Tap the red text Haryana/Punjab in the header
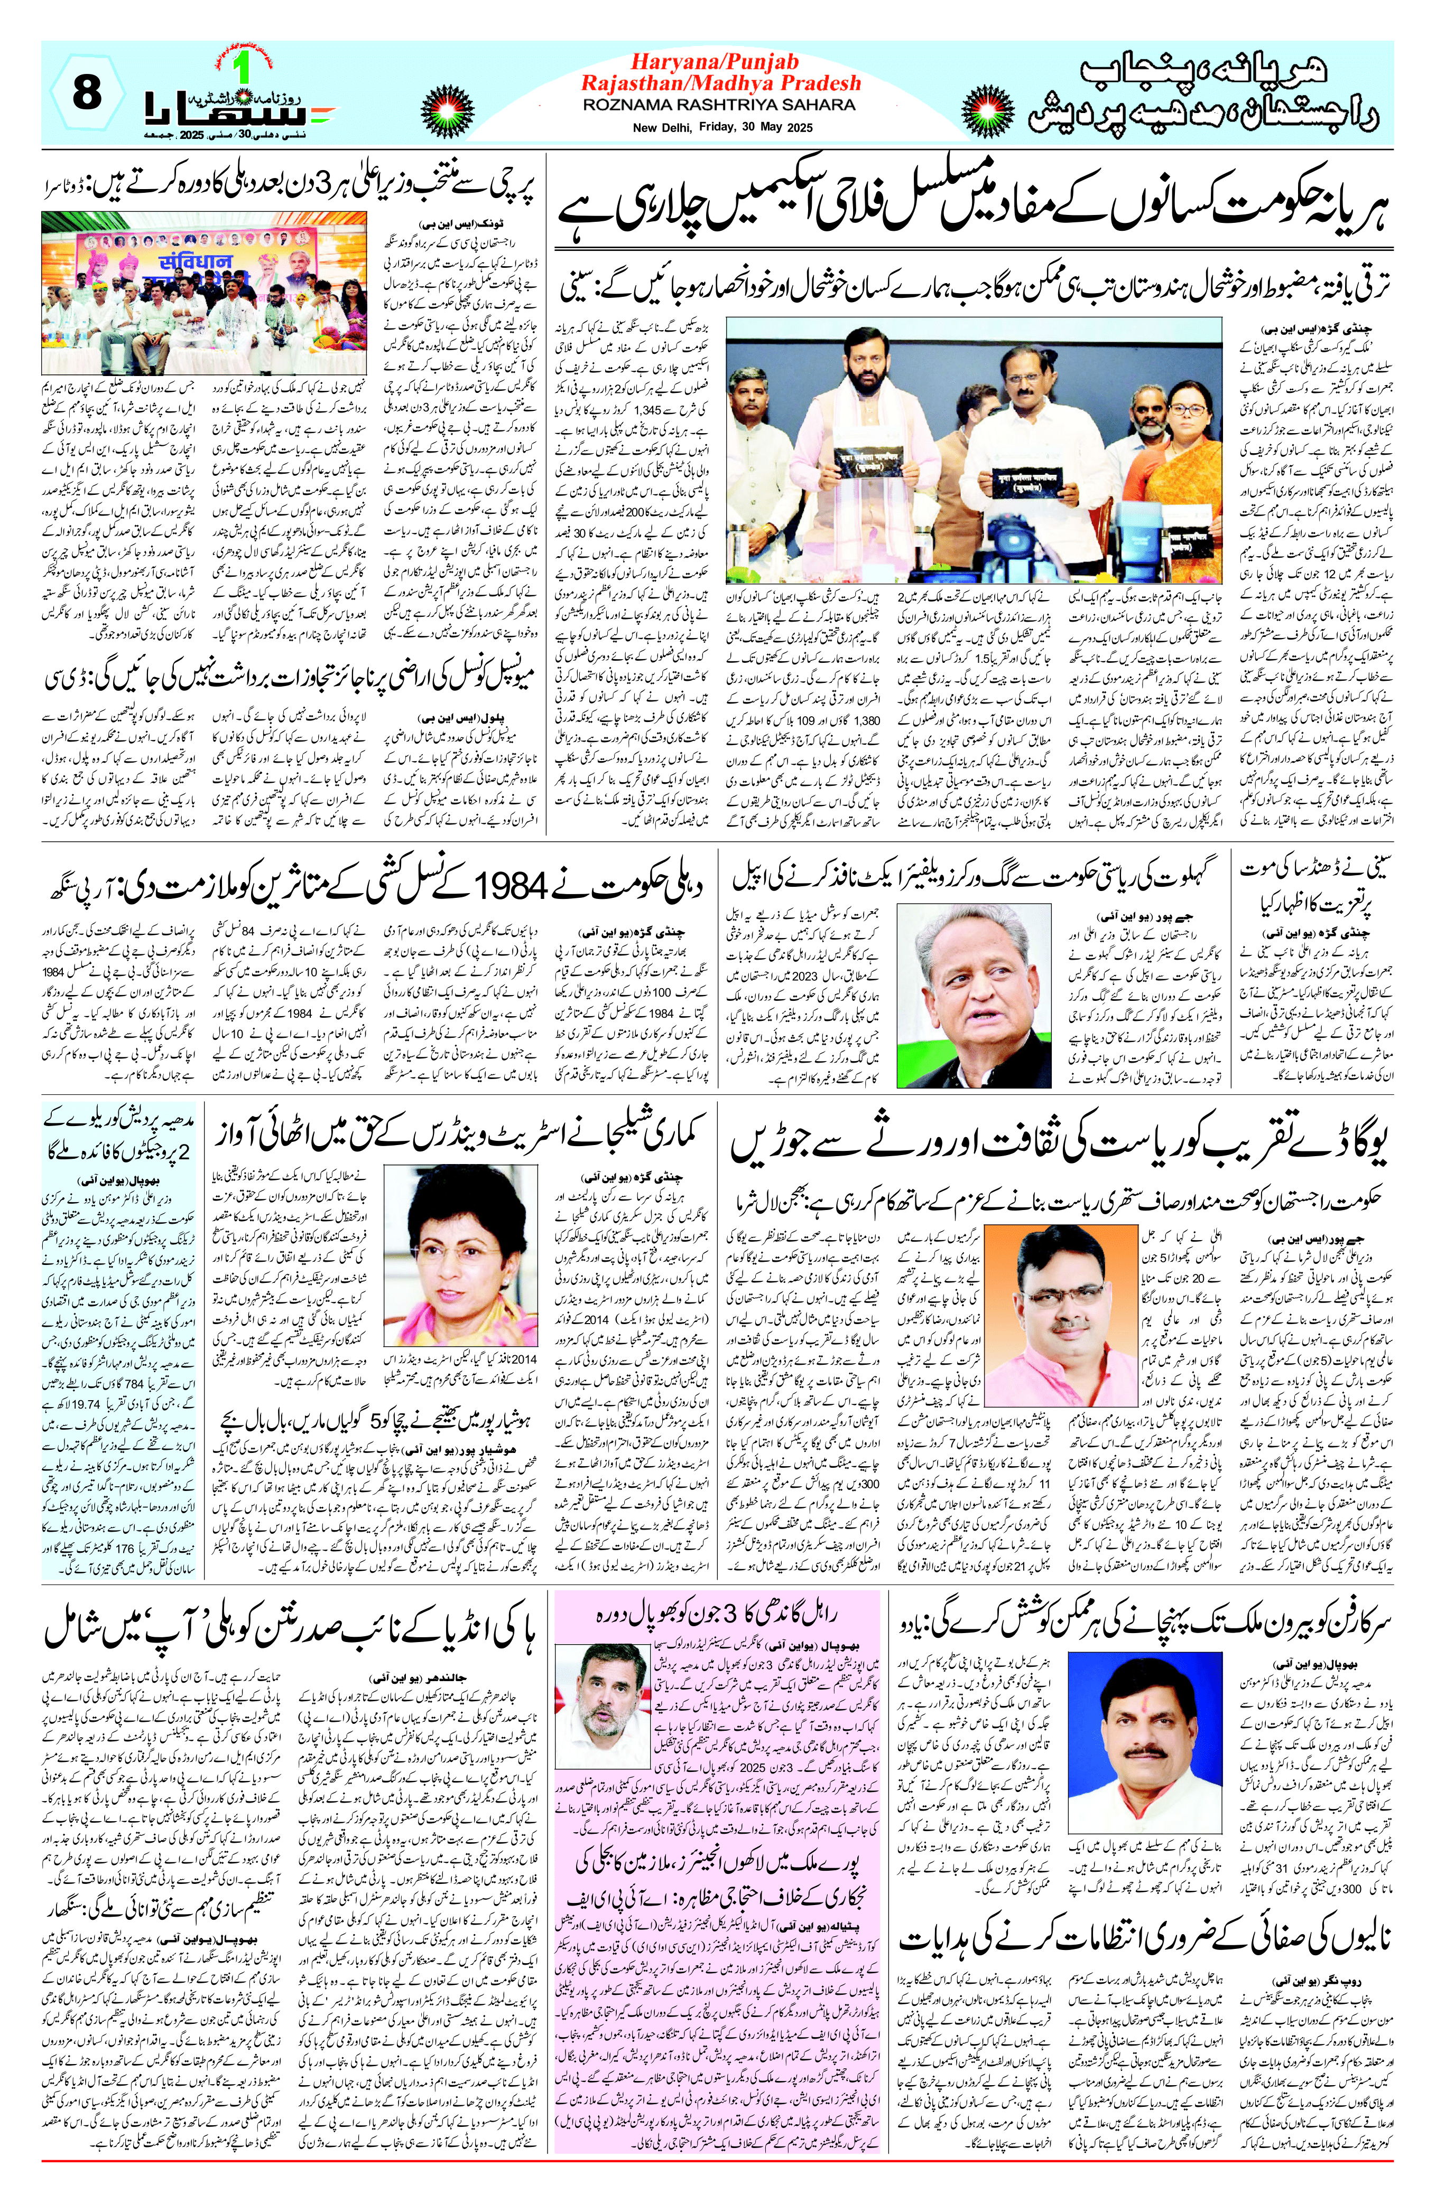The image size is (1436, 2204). coord(714,62)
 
